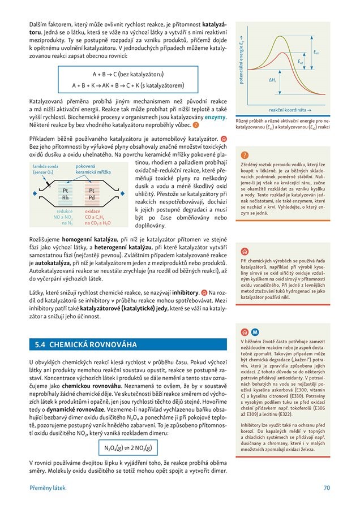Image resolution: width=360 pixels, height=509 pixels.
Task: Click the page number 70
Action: coord(327,488)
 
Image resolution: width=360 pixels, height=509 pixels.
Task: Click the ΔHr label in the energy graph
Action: coord(272,80)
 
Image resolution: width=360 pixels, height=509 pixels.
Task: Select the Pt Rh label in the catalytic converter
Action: coord(65,195)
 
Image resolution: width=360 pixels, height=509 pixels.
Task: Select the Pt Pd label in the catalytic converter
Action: coord(92,195)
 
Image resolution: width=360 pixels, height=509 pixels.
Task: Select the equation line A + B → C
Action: coord(128,74)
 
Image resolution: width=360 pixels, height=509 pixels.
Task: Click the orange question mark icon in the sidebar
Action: coord(245,155)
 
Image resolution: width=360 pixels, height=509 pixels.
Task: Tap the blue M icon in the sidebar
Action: coord(255,332)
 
